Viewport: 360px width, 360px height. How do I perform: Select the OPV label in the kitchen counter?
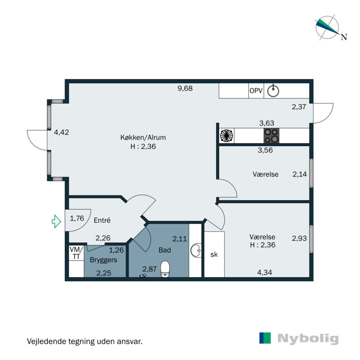pyautogui.click(x=256, y=90)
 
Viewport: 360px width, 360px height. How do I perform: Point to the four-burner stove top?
pyautogui.click(x=271, y=135)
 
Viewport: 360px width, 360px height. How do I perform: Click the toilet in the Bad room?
pyautogui.click(x=165, y=268)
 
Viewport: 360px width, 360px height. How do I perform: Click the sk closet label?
pyautogui.click(x=214, y=255)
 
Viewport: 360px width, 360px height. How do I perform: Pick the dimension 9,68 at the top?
pyautogui.click(x=185, y=88)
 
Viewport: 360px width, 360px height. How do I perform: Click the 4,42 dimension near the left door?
pyautogui.click(x=61, y=132)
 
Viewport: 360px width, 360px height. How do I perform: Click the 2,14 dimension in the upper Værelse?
pyautogui.click(x=299, y=174)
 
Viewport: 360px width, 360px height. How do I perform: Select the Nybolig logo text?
pyautogui.click(x=308, y=339)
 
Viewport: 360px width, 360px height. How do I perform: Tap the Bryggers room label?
pyautogui.click(x=103, y=260)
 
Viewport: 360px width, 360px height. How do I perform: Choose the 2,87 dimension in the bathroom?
pyautogui.click(x=149, y=269)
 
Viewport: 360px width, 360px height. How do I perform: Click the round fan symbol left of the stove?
pyautogui.click(x=226, y=135)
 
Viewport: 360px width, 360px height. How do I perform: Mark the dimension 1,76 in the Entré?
pyautogui.click(x=77, y=219)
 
